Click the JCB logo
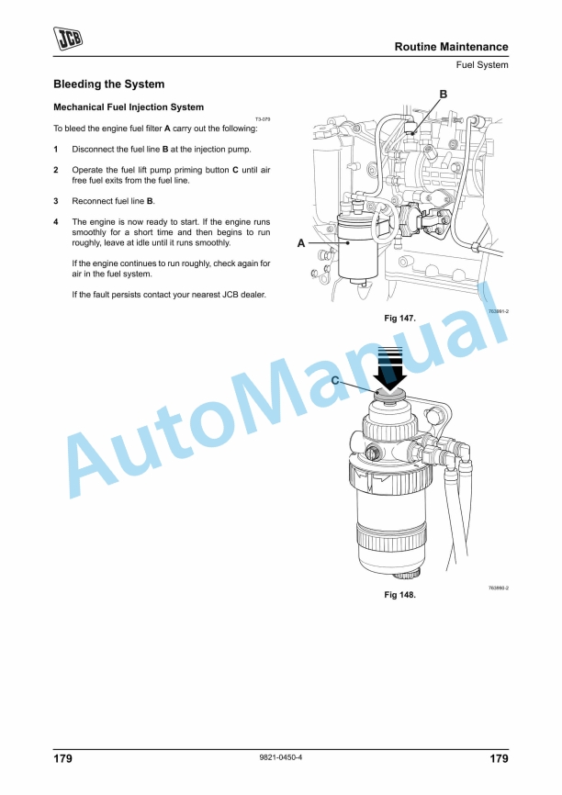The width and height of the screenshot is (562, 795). point(67,39)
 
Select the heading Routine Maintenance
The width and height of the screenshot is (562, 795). point(452,47)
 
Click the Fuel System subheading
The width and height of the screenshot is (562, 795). point(482,65)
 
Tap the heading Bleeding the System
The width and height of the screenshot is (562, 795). point(109,84)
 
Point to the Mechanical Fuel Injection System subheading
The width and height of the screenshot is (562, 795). point(129,107)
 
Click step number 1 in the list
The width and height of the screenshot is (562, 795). point(56,150)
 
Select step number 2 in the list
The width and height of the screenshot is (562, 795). point(56,171)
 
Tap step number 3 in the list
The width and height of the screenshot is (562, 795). point(56,201)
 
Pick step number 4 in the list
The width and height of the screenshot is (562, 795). point(56,222)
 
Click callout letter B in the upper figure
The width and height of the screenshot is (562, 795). point(444,95)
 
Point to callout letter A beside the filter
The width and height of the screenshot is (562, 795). point(301,243)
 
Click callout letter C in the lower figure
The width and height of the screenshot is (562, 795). point(335,380)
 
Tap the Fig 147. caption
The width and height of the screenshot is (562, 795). point(399,319)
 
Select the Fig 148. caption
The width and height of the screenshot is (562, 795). point(399,595)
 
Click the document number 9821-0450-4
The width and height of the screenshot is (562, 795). point(281,757)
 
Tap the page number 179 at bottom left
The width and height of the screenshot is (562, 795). point(62,758)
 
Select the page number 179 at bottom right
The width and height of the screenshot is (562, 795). point(499,758)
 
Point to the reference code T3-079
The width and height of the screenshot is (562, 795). point(263,119)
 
